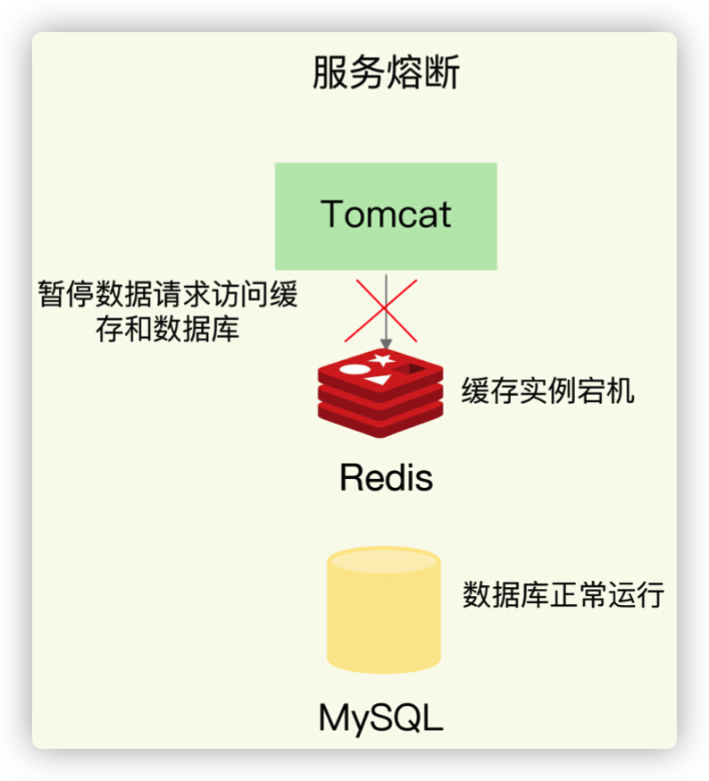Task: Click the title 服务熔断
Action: (x=386, y=72)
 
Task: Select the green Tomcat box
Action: (x=386, y=216)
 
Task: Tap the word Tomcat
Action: (x=386, y=214)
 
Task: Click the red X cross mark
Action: (x=381, y=310)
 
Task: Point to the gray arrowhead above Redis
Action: (x=386, y=344)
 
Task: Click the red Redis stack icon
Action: (x=380, y=393)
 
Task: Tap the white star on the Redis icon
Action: (x=382, y=358)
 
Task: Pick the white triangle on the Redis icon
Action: (x=379, y=380)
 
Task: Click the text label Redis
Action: (x=386, y=477)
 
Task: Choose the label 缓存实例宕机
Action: (x=547, y=390)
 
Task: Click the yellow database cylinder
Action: (x=384, y=610)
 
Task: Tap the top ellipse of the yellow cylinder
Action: (x=384, y=560)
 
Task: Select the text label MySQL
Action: (x=381, y=718)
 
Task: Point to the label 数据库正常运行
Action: (x=563, y=594)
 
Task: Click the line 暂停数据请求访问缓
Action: (x=168, y=294)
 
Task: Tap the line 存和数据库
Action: (x=168, y=329)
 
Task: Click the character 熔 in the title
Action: (x=405, y=72)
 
